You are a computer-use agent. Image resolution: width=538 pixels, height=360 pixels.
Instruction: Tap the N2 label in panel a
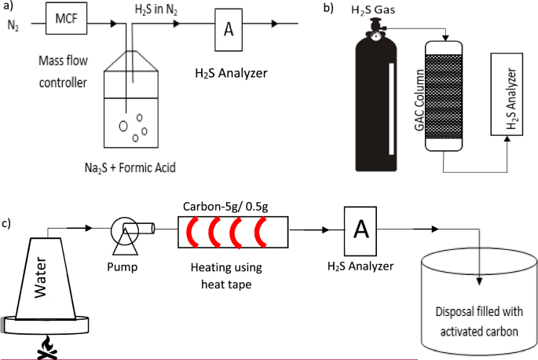tap(13, 25)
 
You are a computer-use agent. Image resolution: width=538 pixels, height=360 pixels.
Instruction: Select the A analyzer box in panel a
tap(229, 29)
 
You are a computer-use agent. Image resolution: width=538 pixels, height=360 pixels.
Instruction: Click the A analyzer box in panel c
tap(361, 229)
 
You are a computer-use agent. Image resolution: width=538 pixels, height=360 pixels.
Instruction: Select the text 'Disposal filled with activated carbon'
tap(478, 321)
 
